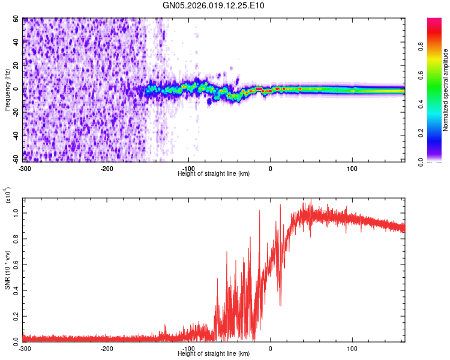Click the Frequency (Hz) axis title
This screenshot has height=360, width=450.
click(8, 90)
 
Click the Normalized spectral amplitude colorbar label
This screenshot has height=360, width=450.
click(445, 90)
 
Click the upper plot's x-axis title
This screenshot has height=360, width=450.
click(214, 173)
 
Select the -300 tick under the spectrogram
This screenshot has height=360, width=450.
click(25, 168)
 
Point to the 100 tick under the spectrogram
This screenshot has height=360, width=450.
click(352, 168)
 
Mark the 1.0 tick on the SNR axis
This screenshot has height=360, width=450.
click(16, 212)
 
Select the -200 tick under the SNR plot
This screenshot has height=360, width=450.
click(107, 349)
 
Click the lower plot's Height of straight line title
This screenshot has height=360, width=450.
click(214, 354)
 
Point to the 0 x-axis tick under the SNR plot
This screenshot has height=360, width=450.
click(271, 349)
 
